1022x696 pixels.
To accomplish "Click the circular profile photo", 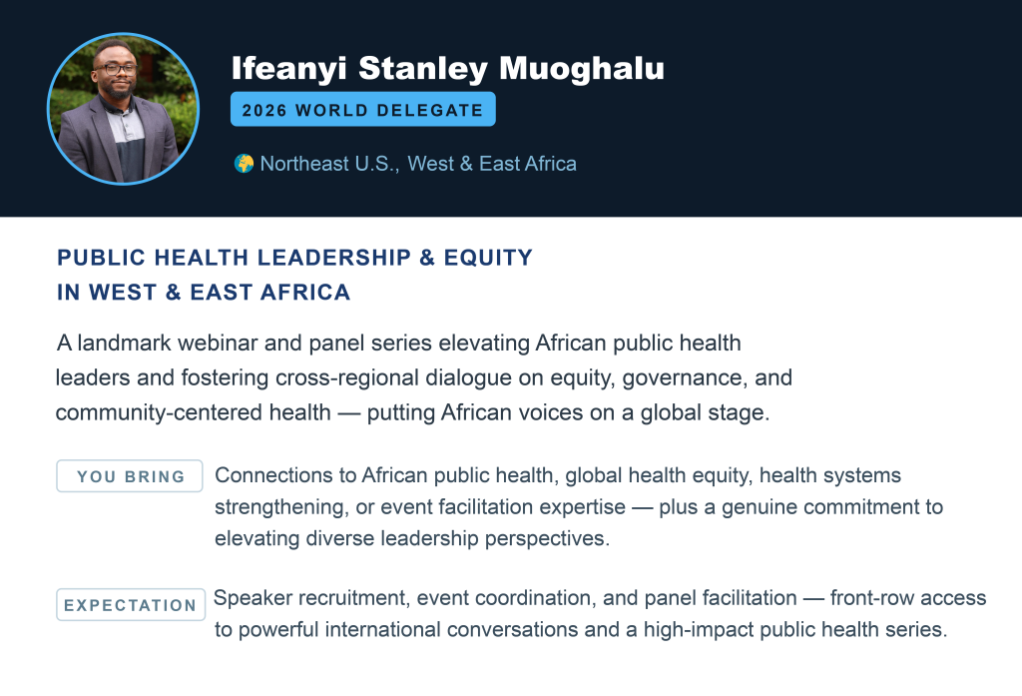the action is (x=123, y=109).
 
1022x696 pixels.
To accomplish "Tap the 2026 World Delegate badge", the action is (x=363, y=110).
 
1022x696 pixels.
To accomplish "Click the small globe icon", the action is (x=244, y=164).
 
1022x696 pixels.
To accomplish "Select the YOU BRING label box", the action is (x=130, y=476).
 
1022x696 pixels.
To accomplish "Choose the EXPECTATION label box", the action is (x=131, y=605).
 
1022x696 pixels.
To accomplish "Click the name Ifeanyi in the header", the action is (x=288, y=69).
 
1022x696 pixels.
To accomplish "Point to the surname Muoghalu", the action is (x=582, y=68).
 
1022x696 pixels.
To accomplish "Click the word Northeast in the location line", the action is (x=304, y=163).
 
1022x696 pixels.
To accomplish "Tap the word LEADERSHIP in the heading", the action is (x=334, y=258).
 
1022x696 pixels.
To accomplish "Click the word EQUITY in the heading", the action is (x=488, y=258).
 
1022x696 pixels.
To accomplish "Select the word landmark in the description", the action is (x=124, y=343).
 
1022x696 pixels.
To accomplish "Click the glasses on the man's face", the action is (x=116, y=69).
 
